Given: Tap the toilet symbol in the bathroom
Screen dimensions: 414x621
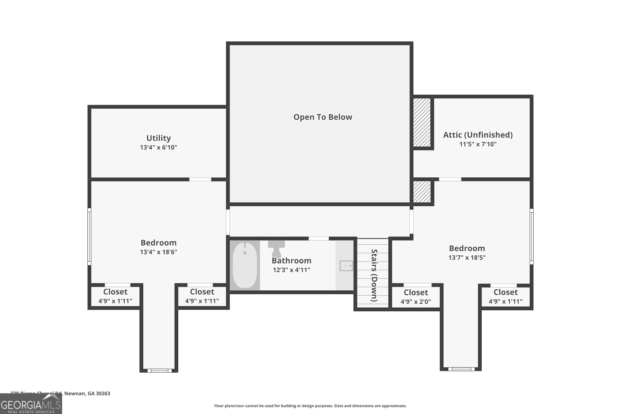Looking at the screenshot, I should pos(276,249).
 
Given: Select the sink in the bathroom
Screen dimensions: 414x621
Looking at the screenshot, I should pos(346,266).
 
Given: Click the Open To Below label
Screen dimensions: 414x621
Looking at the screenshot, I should pos(323,117).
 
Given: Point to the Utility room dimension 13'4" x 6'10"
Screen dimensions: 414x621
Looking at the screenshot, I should pos(158,147).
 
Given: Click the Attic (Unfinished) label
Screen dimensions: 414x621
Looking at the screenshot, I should pos(478,135).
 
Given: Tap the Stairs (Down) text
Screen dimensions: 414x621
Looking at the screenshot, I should pos(374,275).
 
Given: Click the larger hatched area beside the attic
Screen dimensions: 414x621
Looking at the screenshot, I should pos(422,122).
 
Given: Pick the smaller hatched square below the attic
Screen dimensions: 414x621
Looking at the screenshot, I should pos(422,192).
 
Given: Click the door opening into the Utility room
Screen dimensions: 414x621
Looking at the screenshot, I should pos(200,179).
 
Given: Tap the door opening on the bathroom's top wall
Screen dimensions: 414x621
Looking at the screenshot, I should pos(319,239).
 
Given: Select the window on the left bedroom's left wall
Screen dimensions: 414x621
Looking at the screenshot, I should pos(89,236).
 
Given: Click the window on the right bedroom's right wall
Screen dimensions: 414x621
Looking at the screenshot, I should pos(532,236).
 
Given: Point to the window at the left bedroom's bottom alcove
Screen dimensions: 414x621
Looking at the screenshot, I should pos(159,371).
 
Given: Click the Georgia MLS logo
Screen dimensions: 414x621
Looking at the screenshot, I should pos(31,404).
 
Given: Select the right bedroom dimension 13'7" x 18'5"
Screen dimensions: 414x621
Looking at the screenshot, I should pos(467,258).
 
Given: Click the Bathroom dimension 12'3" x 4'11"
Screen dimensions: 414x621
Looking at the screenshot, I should pos(291,270).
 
